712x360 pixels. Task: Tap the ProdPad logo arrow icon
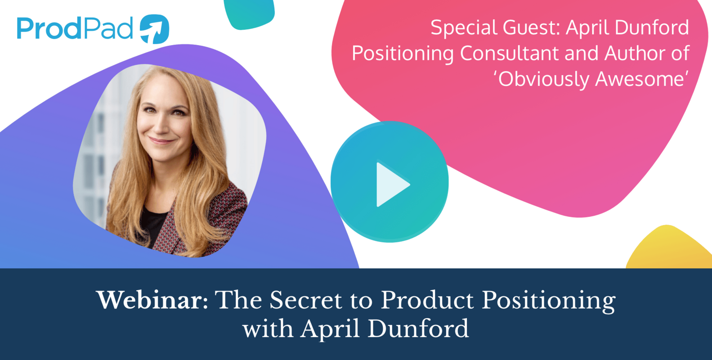pos(154,29)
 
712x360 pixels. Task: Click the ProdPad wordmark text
pos(75,29)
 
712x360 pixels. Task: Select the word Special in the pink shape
pos(464,28)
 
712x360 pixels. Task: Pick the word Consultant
pos(510,54)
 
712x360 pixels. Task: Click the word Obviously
pos(544,79)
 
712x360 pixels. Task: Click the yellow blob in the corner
pos(670,250)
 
